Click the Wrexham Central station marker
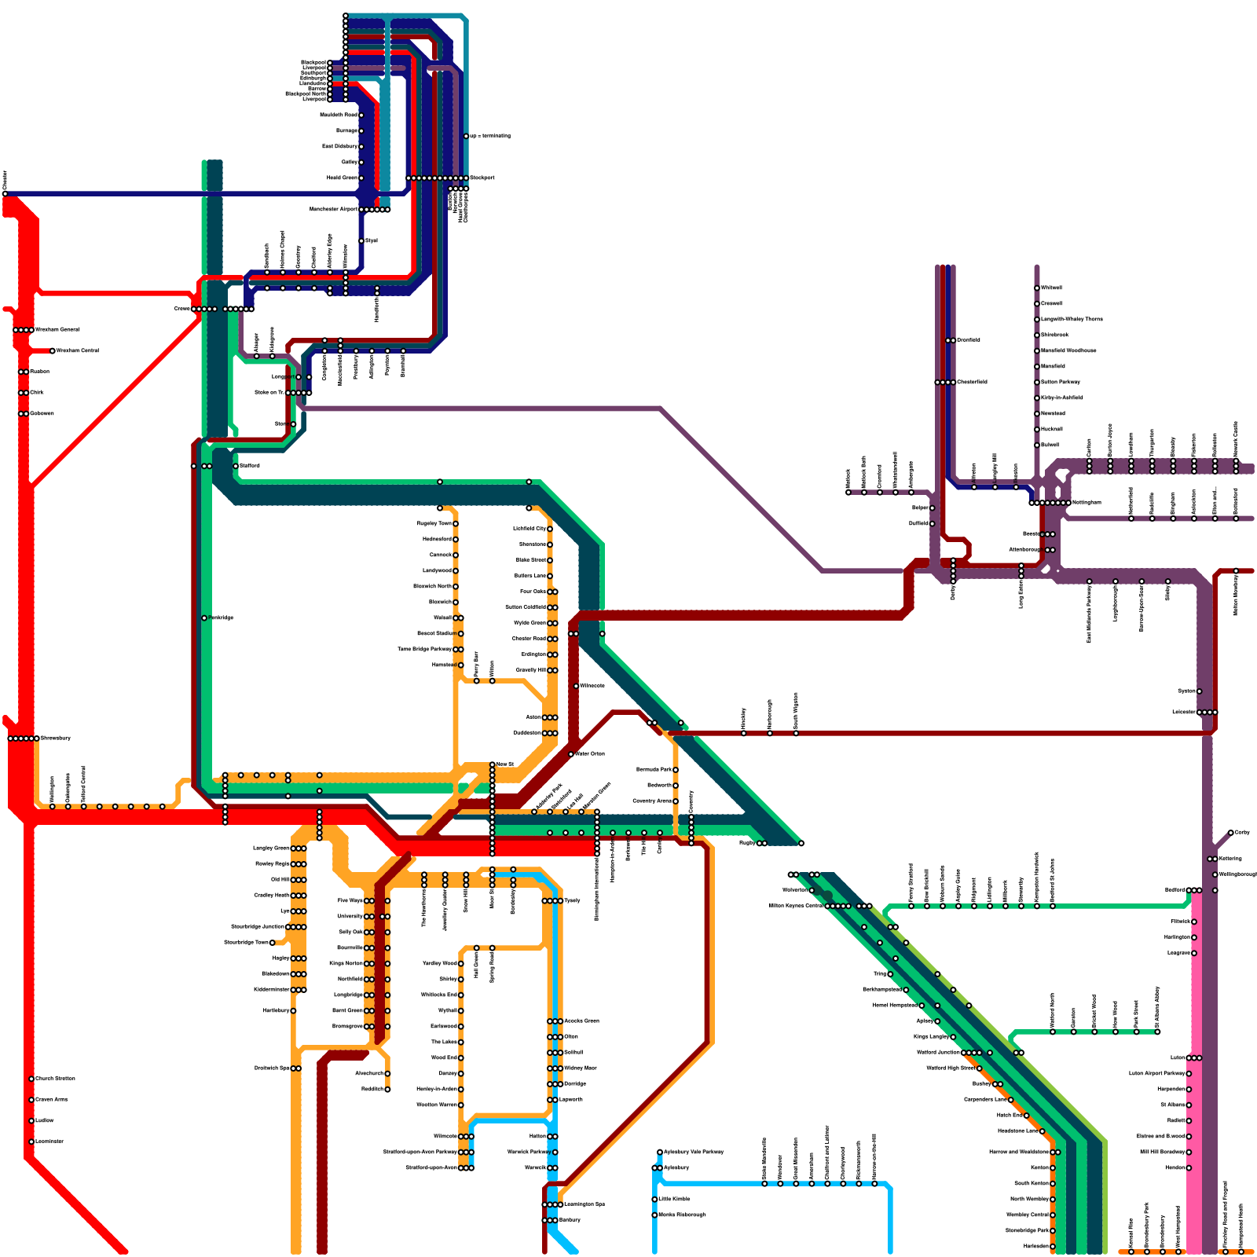tap(53, 350)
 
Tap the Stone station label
tap(280, 423)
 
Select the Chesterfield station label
tap(972, 382)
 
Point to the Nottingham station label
tap(1087, 502)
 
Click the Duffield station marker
tap(933, 523)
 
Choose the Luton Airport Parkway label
tap(1156, 1073)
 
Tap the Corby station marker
tap(1231, 833)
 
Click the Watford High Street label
tap(950, 1068)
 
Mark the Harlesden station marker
tap(1053, 1246)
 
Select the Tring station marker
tap(890, 974)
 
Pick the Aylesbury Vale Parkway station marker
tap(660, 1152)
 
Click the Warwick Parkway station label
tap(527, 1152)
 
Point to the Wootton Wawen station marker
tap(461, 1105)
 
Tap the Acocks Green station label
tap(581, 1021)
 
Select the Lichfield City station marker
tap(550, 529)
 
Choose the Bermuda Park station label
tap(654, 769)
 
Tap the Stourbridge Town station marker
tap(273, 942)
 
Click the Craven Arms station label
tap(52, 1099)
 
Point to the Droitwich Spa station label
tap(272, 1068)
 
